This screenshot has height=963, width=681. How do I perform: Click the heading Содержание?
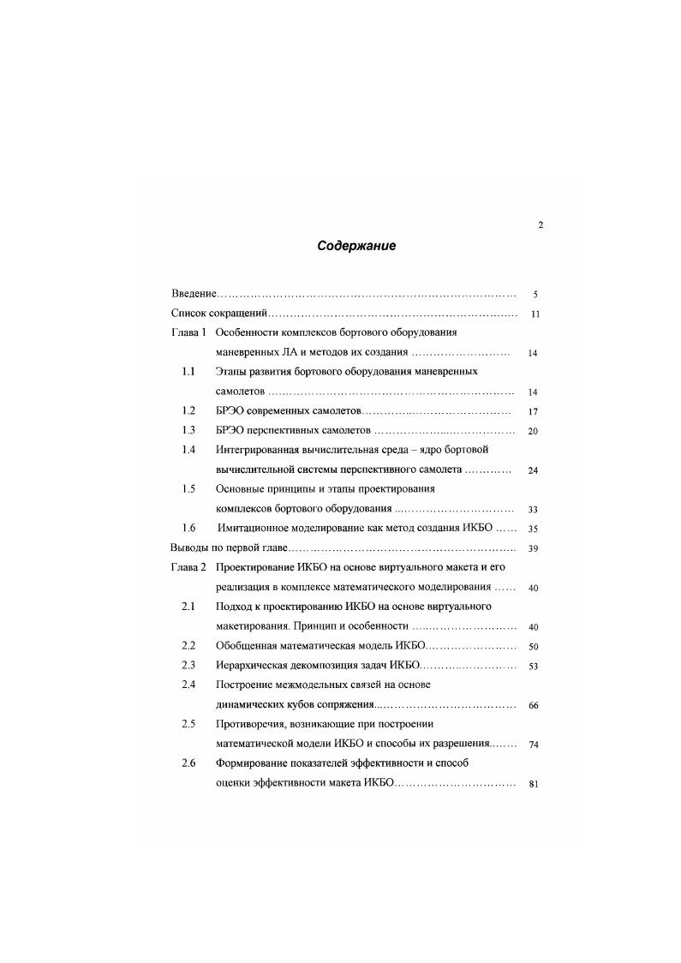[x=356, y=246]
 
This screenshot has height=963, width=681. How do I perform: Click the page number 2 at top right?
[x=540, y=225]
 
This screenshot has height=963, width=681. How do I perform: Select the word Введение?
[x=194, y=293]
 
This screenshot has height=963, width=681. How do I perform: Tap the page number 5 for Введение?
[x=535, y=294]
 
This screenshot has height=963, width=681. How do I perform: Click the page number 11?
[x=535, y=314]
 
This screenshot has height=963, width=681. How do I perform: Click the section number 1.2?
[x=189, y=411]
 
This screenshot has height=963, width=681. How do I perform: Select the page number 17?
[x=533, y=412]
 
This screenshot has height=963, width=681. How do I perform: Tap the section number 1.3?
[x=189, y=430]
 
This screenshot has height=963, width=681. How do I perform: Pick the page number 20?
[x=533, y=431]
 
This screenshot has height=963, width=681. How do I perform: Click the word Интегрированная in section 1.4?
[x=266, y=450]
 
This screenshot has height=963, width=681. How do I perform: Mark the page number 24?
[x=533, y=470]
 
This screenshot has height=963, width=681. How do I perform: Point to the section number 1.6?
[x=189, y=529]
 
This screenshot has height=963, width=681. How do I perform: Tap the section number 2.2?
[x=189, y=645]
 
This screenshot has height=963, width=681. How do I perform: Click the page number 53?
[x=533, y=667]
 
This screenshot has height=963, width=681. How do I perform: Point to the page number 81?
[x=533, y=784]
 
